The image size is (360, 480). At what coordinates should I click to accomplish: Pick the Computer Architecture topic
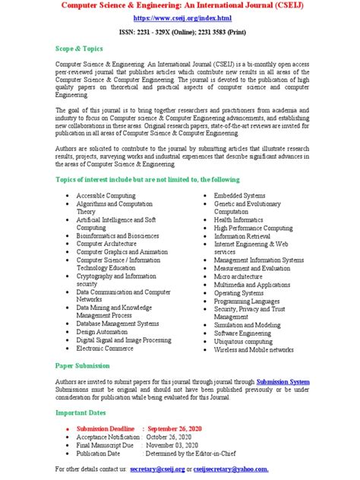[113, 245]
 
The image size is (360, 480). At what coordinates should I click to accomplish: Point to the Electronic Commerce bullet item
[110, 349]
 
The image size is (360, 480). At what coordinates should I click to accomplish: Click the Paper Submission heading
[82, 365]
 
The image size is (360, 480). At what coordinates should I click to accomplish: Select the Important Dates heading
[83, 412]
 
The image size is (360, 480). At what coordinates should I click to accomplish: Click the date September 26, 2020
[184, 428]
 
